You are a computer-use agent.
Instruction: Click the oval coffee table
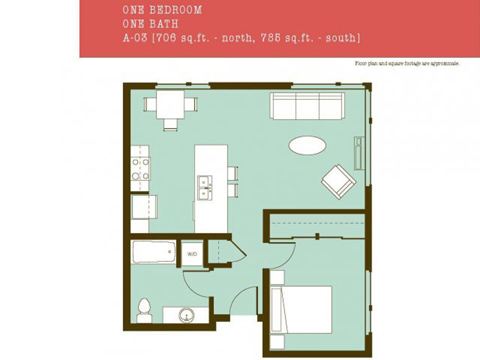click(x=307, y=145)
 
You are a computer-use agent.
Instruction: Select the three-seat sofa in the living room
click(x=307, y=105)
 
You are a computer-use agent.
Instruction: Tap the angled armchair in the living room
click(x=338, y=181)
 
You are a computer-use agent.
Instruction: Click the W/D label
click(x=192, y=254)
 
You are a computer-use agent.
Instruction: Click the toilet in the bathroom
click(x=144, y=310)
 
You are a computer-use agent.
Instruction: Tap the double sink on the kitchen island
click(x=204, y=187)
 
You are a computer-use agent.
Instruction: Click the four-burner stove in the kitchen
click(x=140, y=169)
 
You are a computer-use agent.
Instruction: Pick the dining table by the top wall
click(x=170, y=105)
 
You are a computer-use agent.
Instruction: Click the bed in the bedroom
click(x=301, y=309)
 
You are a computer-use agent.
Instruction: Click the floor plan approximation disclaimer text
click(x=406, y=63)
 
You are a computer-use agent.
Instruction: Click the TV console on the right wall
click(x=357, y=153)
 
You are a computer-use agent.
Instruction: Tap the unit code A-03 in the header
click(x=134, y=37)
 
